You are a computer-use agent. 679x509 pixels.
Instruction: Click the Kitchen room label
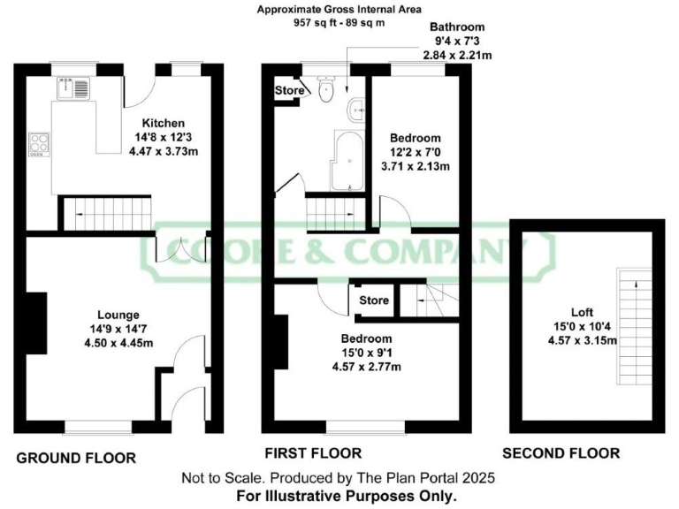164,123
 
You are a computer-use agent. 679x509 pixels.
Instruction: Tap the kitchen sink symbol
70,87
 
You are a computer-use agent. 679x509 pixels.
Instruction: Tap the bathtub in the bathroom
347,160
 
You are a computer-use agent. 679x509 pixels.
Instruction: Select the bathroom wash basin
356,110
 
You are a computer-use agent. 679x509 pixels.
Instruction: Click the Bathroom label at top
458,27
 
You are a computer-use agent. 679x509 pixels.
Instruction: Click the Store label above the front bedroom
374,300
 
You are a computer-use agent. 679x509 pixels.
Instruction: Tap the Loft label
581,312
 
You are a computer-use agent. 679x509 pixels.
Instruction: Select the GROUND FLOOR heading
76,458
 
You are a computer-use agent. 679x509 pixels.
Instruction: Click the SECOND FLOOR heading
561,454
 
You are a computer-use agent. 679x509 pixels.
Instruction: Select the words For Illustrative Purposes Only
347,497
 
